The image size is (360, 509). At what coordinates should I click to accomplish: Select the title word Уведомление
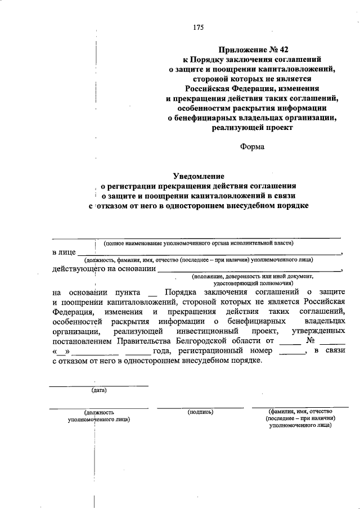point(198,175)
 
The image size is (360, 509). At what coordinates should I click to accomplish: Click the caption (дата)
point(99,390)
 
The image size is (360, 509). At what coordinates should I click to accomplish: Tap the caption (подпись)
point(200,412)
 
